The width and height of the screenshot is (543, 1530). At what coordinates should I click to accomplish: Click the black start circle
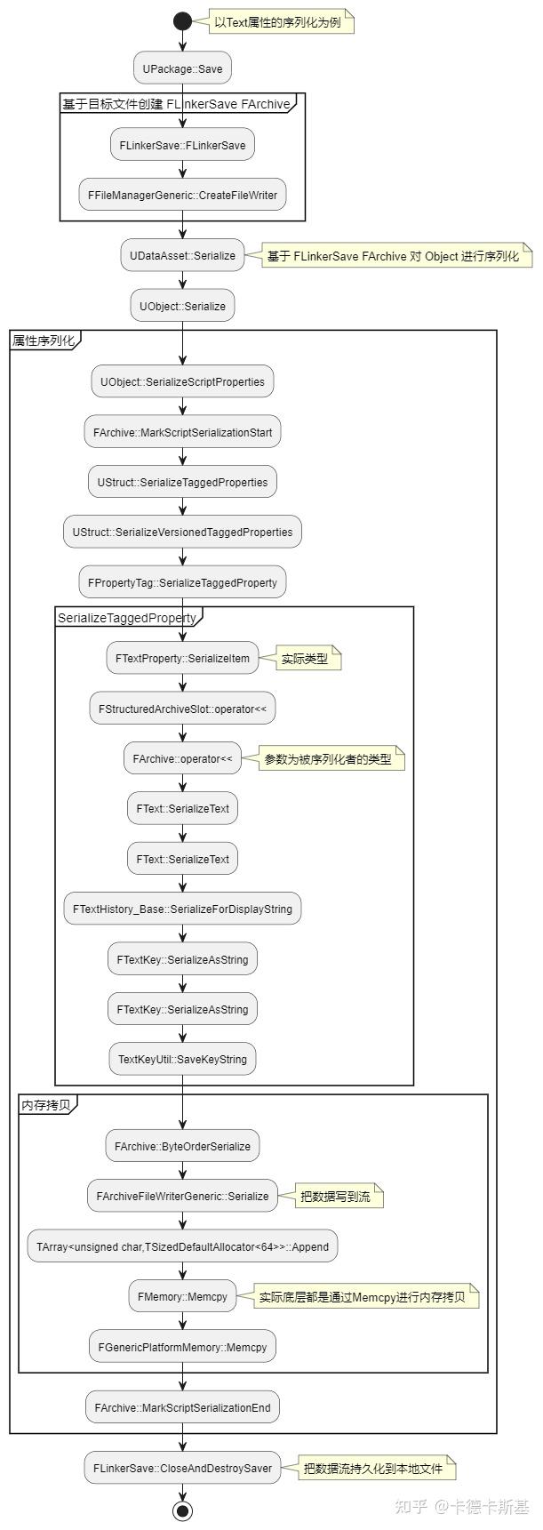point(182,21)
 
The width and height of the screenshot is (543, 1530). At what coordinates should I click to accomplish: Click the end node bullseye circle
point(182,1510)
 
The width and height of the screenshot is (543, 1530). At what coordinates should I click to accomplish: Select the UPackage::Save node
point(182,68)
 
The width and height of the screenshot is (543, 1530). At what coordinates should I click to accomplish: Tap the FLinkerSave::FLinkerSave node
point(182,145)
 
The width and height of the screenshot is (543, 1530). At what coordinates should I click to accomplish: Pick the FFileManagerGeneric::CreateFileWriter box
point(182,195)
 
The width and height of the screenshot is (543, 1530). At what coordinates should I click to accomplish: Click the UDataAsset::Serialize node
point(182,255)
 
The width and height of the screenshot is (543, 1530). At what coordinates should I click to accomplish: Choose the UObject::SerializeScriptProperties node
point(182,381)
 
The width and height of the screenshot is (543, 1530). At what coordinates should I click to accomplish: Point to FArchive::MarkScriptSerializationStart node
point(182,432)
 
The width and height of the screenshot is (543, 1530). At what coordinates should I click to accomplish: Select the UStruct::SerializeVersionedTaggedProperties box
point(182,532)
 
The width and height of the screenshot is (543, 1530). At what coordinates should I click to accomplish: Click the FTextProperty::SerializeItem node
point(182,659)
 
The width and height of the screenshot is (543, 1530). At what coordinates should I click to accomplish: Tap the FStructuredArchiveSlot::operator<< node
point(182,709)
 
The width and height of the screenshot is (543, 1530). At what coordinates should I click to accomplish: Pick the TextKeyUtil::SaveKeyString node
point(182,1059)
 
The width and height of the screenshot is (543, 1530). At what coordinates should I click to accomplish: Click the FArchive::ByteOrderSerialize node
point(182,1146)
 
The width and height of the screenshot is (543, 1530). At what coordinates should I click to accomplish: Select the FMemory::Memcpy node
point(182,1296)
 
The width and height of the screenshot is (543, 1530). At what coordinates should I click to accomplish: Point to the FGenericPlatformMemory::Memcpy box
point(182,1347)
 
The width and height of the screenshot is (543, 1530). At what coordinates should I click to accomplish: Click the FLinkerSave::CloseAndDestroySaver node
point(182,1467)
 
